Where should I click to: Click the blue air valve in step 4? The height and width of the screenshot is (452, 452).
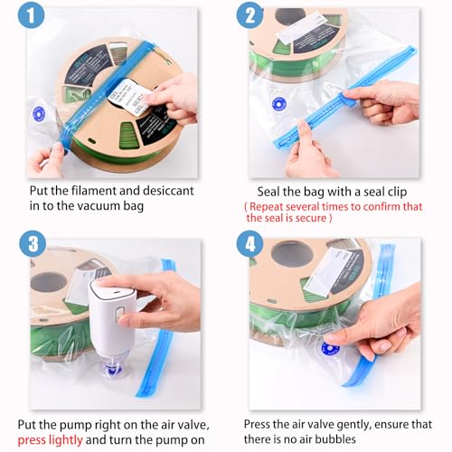(x=330, y=348)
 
